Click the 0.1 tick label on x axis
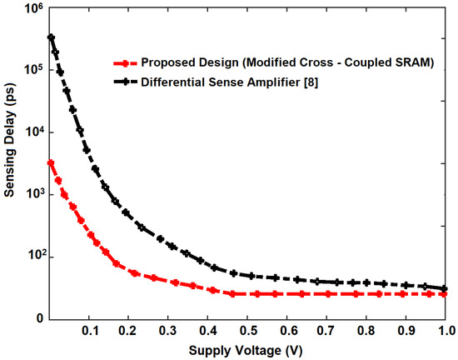[90, 331]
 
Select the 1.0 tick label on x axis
[445, 331]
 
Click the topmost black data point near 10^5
[52, 37]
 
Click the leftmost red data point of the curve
[52, 162]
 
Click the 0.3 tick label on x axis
[169, 331]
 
